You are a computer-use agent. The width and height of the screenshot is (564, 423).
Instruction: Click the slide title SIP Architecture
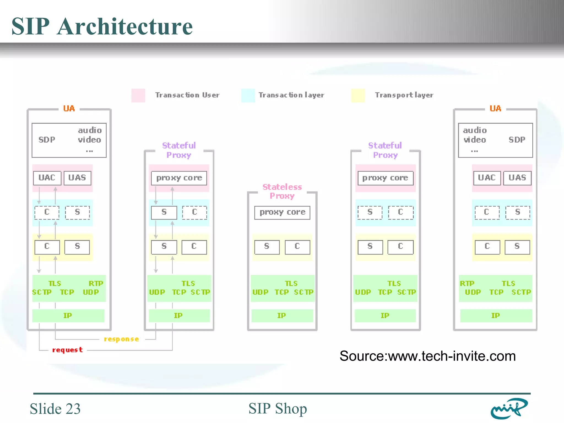click(x=102, y=26)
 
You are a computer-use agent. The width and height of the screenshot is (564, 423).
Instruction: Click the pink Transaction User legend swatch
click(x=138, y=95)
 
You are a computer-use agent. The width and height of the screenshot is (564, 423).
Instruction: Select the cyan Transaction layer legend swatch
click(x=248, y=95)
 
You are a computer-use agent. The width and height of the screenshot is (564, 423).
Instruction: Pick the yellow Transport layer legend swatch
click(x=358, y=95)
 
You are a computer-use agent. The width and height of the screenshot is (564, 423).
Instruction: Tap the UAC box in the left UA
click(x=47, y=178)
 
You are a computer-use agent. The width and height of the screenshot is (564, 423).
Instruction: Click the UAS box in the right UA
click(x=517, y=178)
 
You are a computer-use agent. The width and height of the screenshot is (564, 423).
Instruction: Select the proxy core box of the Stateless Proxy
click(x=282, y=212)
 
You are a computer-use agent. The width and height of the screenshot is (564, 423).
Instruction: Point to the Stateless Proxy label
click(x=282, y=191)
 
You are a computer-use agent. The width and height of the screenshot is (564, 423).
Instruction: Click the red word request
click(x=67, y=350)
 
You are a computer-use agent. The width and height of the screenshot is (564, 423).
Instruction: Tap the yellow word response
click(x=121, y=339)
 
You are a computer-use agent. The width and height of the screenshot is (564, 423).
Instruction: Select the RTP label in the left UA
click(x=96, y=283)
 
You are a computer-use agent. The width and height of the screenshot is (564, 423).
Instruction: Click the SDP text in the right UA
click(x=517, y=140)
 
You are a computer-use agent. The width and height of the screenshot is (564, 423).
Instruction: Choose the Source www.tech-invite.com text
click(x=427, y=356)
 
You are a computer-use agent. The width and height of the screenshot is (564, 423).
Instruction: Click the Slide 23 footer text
click(x=55, y=408)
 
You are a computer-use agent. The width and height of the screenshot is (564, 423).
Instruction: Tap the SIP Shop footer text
click(x=278, y=408)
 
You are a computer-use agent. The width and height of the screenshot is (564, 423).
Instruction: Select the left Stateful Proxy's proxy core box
click(x=179, y=178)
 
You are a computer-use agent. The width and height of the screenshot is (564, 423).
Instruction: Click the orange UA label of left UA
click(x=69, y=109)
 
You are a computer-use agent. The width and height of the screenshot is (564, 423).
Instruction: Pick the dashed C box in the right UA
click(x=487, y=212)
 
